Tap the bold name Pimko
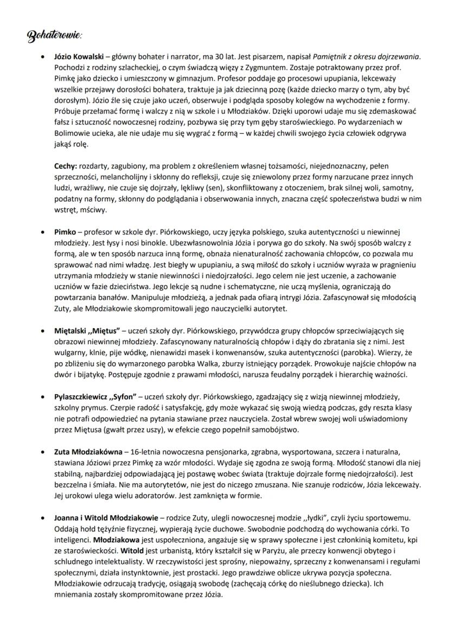[65, 232]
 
